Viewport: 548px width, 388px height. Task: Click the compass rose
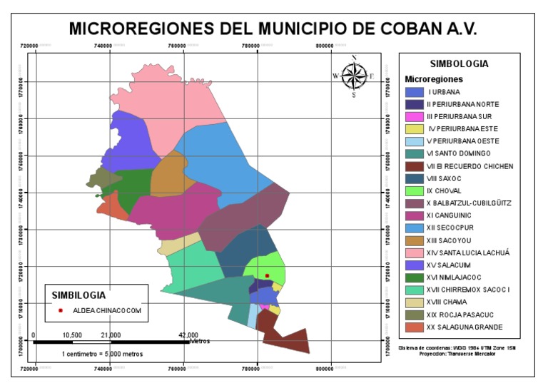click(353, 75)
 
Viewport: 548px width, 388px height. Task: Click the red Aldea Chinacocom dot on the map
click(267, 275)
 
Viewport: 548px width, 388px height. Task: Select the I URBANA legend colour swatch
click(415, 92)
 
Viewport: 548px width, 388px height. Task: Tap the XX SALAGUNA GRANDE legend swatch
click(415, 327)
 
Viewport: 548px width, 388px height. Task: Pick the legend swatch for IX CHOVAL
click(415, 191)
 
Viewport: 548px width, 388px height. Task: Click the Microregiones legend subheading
click(434, 78)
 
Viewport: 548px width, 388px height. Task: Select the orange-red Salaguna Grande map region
click(112, 208)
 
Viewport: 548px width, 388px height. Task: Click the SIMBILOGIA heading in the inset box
click(78, 295)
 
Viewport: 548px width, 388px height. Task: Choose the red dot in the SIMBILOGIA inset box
click(61, 311)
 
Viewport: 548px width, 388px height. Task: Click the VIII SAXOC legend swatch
click(415, 179)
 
